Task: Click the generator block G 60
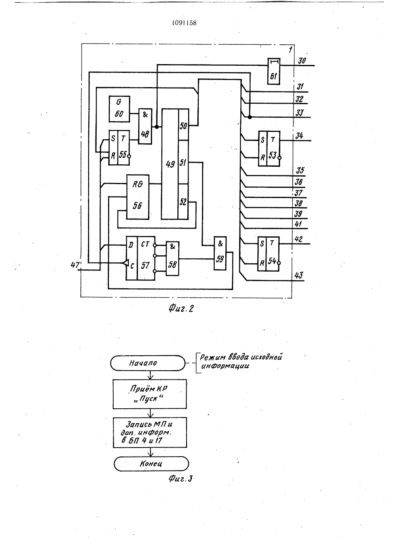(x=119, y=109)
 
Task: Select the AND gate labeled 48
(x=145, y=126)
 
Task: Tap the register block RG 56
(x=138, y=197)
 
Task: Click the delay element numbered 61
(x=274, y=71)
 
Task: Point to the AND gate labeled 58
(x=173, y=259)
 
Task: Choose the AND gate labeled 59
(x=220, y=253)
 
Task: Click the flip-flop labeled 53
(x=269, y=149)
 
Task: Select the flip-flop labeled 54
(x=268, y=254)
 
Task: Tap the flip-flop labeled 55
(x=119, y=147)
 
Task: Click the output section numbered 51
(x=183, y=162)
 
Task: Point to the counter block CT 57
(x=140, y=258)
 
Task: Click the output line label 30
(x=302, y=61)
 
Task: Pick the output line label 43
(x=299, y=275)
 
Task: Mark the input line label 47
(x=75, y=265)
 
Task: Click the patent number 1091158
(x=184, y=23)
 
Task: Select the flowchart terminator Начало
(x=148, y=363)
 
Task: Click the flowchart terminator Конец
(x=151, y=464)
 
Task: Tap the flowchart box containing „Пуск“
(x=150, y=394)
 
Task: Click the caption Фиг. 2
(x=181, y=309)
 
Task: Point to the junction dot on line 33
(x=249, y=117)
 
